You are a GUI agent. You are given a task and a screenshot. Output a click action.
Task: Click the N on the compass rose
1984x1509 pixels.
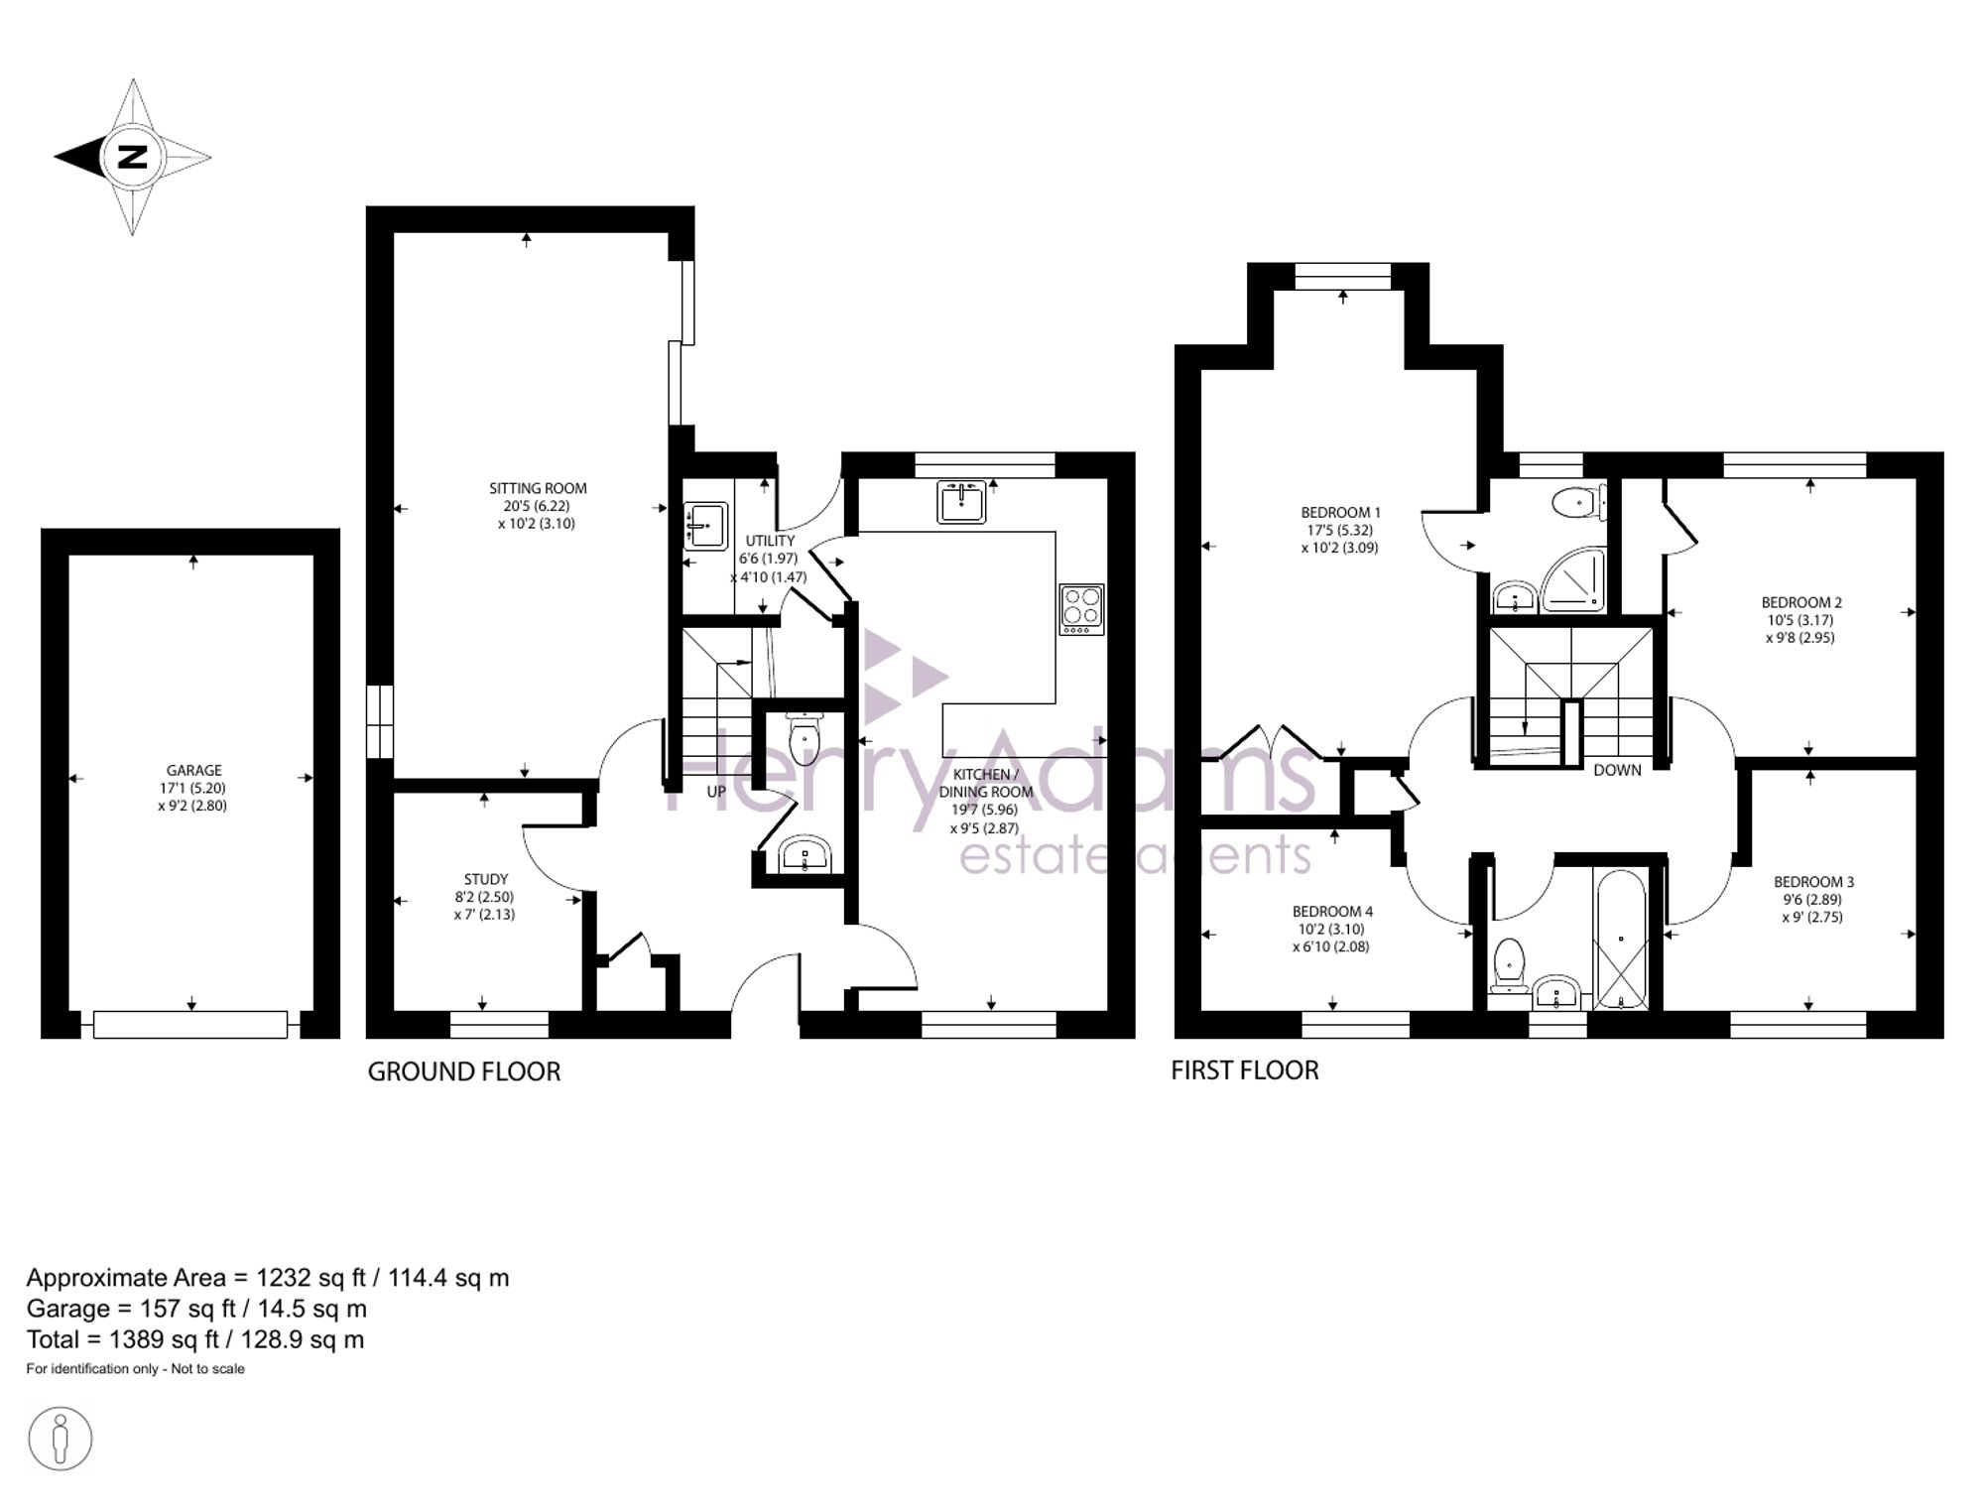pyautogui.click(x=132, y=157)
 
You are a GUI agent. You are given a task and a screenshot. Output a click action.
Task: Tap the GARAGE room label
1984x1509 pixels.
pyautogui.click(x=194, y=770)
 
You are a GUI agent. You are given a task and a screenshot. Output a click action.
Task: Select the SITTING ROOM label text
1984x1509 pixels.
pyautogui.click(x=538, y=488)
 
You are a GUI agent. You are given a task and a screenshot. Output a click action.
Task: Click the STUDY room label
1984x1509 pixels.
pyautogui.click(x=486, y=879)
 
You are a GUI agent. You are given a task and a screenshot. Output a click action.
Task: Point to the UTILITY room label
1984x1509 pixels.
pyautogui.click(x=771, y=541)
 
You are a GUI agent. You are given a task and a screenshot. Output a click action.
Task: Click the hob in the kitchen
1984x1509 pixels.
pyautogui.click(x=1082, y=609)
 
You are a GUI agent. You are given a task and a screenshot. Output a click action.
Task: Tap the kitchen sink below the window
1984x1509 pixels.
pyautogui.click(x=961, y=502)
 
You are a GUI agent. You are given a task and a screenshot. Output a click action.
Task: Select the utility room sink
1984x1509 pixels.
pyautogui.click(x=705, y=526)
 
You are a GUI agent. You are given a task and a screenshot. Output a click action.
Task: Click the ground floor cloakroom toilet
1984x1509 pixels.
pyautogui.click(x=803, y=736)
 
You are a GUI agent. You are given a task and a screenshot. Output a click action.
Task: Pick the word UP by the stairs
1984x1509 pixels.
pyautogui.click(x=716, y=792)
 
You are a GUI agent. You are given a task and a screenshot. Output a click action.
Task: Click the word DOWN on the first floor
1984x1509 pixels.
pyautogui.click(x=1617, y=770)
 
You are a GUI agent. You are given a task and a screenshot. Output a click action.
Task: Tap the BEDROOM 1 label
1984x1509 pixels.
pyautogui.click(x=1341, y=513)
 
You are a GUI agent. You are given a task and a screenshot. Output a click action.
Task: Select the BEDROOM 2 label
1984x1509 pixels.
pyautogui.click(x=1801, y=602)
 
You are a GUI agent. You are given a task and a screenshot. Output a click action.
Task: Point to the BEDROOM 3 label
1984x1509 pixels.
pyautogui.click(x=1814, y=882)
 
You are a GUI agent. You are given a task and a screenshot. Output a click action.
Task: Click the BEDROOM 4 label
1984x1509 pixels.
pyautogui.click(x=1332, y=912)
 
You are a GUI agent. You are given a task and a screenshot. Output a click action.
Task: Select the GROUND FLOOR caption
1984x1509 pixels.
pyautogui.click(x=464, y=1071)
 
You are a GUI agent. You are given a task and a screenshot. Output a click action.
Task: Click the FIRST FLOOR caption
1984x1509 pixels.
pyautogui.click(x=1245, y=1070)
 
